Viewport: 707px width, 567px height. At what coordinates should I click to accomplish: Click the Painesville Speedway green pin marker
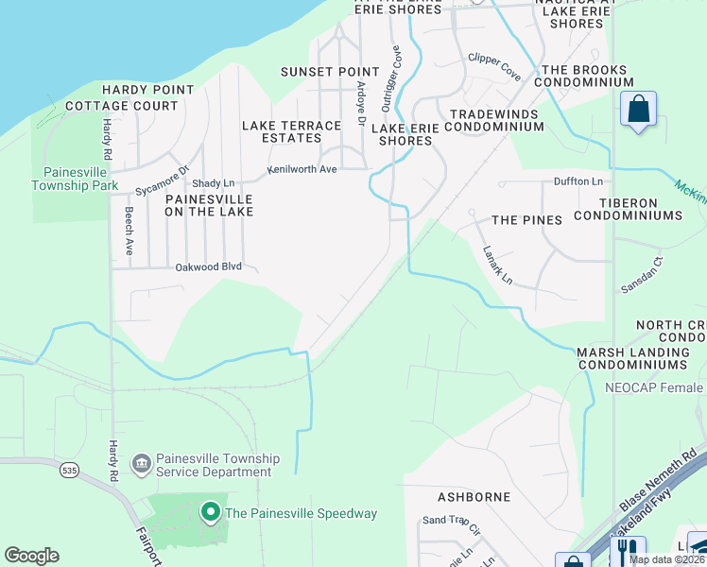click(210, 513)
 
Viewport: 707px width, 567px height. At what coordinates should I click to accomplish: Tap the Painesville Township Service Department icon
click(141, 462)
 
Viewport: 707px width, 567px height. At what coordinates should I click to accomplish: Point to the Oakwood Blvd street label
click(209, 266)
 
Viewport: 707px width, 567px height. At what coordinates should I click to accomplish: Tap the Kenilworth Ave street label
click(302, 169)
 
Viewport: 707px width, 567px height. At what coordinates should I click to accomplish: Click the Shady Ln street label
click(213, 183)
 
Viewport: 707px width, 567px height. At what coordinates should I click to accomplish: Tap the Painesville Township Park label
click(80, 179)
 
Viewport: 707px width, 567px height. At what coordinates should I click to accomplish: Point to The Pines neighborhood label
click(526, 220)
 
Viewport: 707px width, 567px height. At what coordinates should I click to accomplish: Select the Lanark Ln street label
click(497, 266)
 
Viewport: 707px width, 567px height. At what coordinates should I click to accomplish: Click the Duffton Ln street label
click(578, 180)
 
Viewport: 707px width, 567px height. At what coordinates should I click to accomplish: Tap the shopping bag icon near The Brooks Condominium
click(639, 109)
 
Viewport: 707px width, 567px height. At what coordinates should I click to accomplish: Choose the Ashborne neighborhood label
click(474, 496)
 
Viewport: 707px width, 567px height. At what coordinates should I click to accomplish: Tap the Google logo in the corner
click(31, 556)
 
